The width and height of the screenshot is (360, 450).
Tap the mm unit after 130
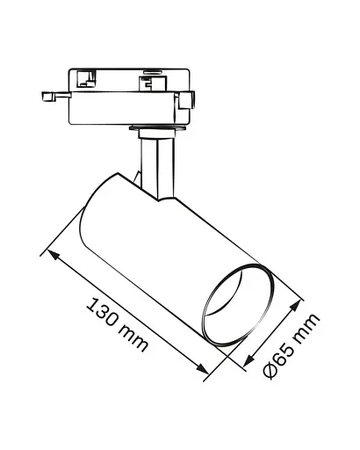click(133, 338)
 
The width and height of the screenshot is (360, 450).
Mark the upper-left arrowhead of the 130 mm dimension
click(52, 255)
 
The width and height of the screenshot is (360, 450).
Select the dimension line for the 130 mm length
click(126, 315)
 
